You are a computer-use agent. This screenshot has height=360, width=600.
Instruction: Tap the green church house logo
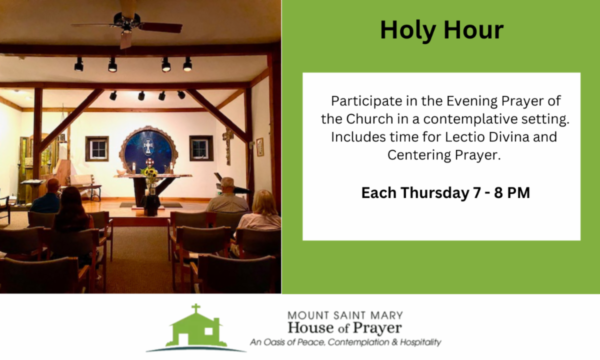click(196, 328)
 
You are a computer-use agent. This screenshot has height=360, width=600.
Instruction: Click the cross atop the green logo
click(196, 308)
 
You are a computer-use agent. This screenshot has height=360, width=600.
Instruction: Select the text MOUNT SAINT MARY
click(345, 315)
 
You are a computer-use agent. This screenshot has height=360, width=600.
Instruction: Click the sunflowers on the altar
click(149, 173)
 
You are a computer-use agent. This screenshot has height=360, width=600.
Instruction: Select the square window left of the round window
click(97, 148)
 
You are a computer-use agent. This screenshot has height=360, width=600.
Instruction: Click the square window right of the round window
click(201, 148)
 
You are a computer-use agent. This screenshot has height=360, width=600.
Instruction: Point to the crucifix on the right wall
click(227, 146)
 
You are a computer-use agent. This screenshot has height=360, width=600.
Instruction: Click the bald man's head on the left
click(53, 186)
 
